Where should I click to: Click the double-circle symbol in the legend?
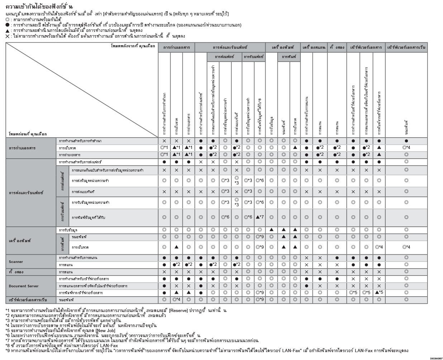coord(8,19)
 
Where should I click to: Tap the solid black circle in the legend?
coord(8,25)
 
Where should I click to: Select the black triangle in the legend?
coord(8,30)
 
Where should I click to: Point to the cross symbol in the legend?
coord(8,36)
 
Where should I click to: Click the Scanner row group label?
coord(16,262)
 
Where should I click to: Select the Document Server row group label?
coord(24,286)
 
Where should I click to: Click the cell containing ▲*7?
coord(260,217)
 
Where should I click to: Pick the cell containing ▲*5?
coord(379,293)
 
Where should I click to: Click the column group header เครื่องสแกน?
coord(314,47)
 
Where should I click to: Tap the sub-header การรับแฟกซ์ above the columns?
coord(254,57)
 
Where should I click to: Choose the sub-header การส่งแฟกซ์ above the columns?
coord(224,57)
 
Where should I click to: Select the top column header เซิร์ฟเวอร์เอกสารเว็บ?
coord(406,47)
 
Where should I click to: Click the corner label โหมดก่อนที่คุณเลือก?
coord(28,134)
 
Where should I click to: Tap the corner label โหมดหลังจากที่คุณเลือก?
coord(133,46)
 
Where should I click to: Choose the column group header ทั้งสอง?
coord(337,47)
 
